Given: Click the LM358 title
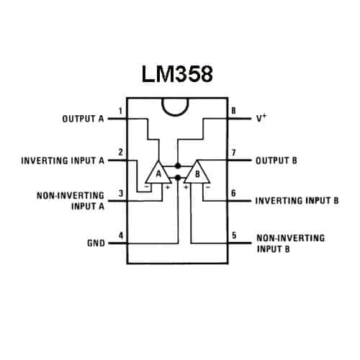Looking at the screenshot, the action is [177, 74].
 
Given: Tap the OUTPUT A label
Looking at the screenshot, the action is [83, 119].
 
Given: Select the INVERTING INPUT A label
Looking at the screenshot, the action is [63, 161].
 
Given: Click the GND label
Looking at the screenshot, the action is [96, 243].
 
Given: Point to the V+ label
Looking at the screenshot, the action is [261, 118].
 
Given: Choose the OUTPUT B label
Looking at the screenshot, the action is [276, 161].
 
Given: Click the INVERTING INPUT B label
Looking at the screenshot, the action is [297, 200].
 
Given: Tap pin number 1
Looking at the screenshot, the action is [120, 112].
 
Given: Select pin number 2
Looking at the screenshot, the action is [120, 152].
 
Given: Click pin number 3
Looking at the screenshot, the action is [121, 193].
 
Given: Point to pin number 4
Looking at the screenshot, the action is [121, 235].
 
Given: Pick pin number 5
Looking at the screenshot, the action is [234, 235].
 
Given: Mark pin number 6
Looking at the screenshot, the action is [233, 193].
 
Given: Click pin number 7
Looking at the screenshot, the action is [233, 152].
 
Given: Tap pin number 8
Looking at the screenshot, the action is [233, 111].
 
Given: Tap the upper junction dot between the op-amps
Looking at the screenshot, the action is [178, 166].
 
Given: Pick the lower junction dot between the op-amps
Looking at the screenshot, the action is [178, 178].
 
